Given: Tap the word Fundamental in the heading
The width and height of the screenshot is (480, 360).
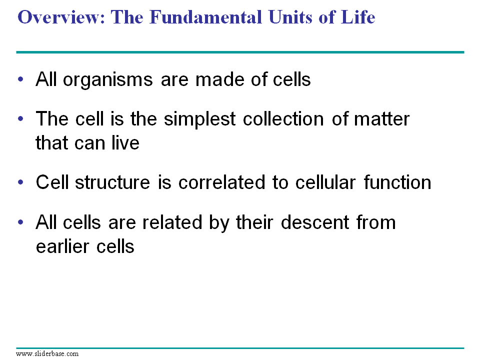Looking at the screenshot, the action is (x=205, y=17).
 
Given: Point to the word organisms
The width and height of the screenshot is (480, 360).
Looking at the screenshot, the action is (x=108, y=80).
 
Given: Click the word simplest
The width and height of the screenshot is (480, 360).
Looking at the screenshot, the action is (x=199, y=119).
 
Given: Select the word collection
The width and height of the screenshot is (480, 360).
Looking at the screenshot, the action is (x=283, y=119).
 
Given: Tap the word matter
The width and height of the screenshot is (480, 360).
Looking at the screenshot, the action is (x=381, y=119).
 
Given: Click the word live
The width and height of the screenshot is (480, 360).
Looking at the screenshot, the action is (x=125, y=142).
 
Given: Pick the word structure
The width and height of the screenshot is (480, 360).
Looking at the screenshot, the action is (x=112, y=182).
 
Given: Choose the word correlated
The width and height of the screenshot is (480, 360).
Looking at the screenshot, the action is (x=221, y=182).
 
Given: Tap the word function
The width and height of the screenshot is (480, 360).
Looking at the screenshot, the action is (x=397, y=182).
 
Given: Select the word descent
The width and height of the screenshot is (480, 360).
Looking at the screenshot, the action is (x=314, y=222).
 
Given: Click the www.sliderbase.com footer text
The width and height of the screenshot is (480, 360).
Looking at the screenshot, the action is (x=47, y=354).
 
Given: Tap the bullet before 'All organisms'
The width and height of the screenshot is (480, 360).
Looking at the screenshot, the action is (x=20, y=79).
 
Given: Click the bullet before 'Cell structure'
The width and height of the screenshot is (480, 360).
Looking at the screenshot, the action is (x=20, y=182).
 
